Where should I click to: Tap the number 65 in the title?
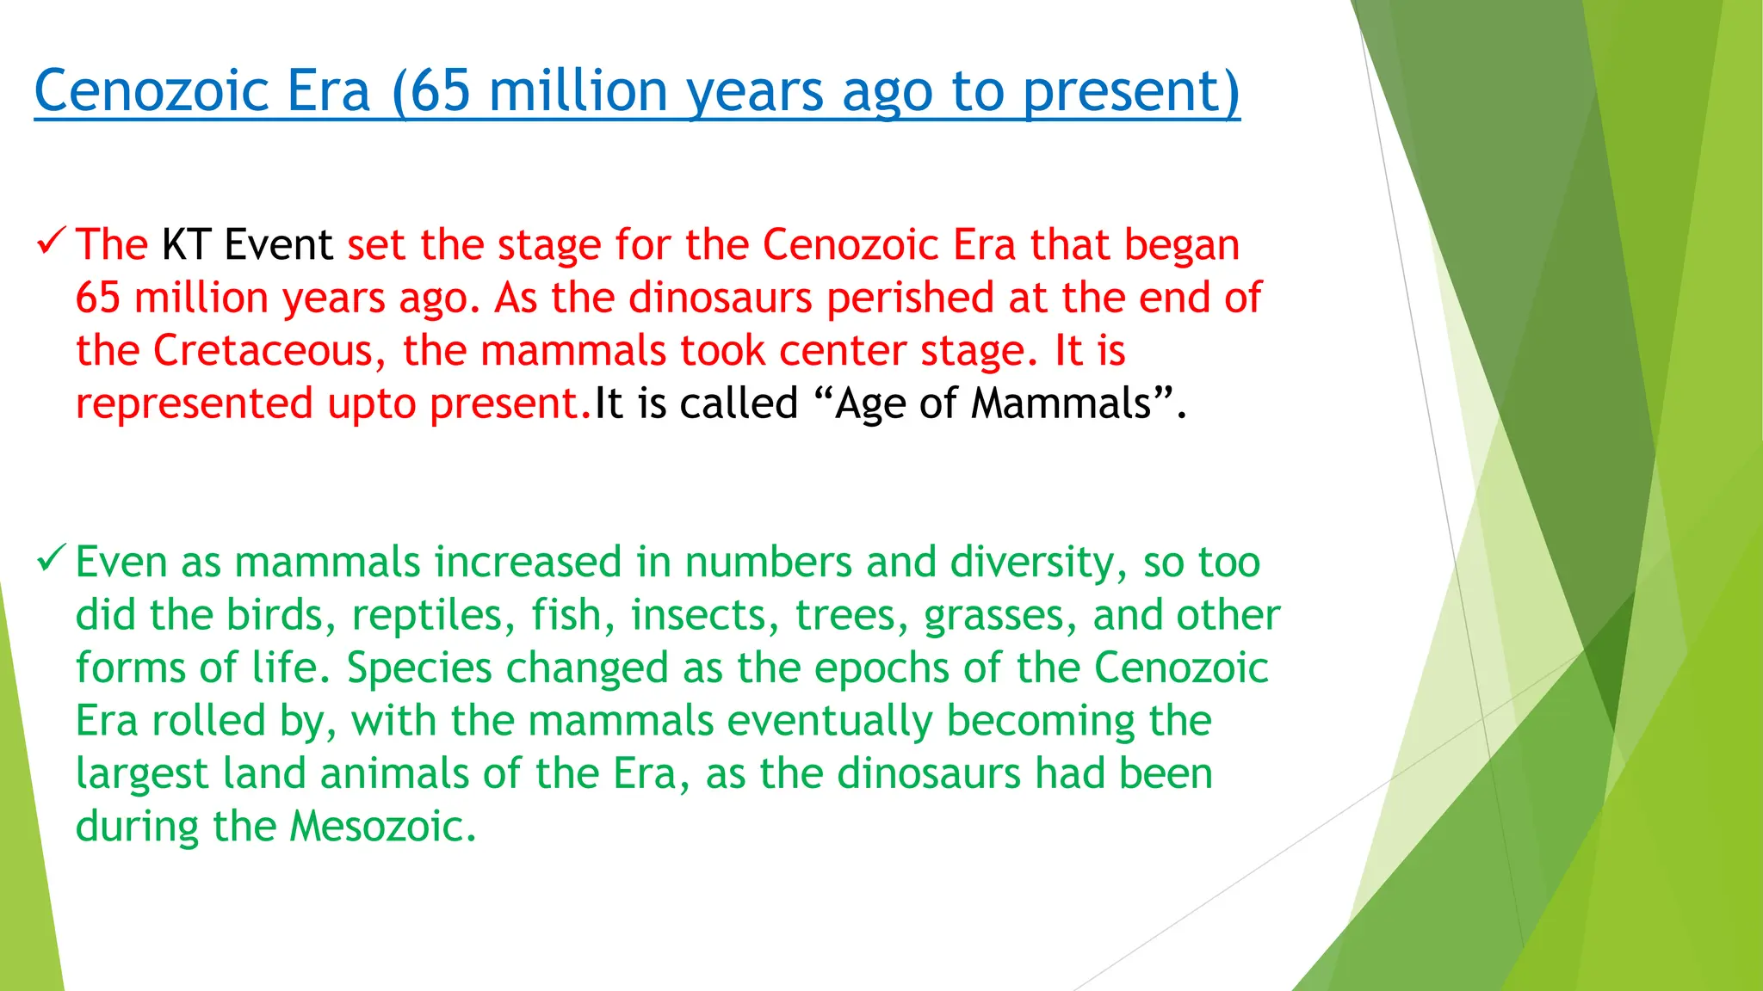pyautogui.click(x=439, y=90)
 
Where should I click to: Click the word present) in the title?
pyautogui.click(x=1130, y=90)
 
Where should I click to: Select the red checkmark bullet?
pyautogui.click(x=51, y=242)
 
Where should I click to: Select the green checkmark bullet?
pyautogui.click(x=51, y=560)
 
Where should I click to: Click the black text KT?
pyautogui.click(x=186, y=244)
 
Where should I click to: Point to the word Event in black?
pyautogui.click(x=278, y=244)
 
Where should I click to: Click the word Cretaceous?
pyautogui.click(x=263, y=351)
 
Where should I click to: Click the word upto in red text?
pyautogui.click(x=372, y=403)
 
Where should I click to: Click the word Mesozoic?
pyautogui.click(x=382, y=827)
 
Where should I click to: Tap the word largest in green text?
pyautogui.click(x=142, y=774)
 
